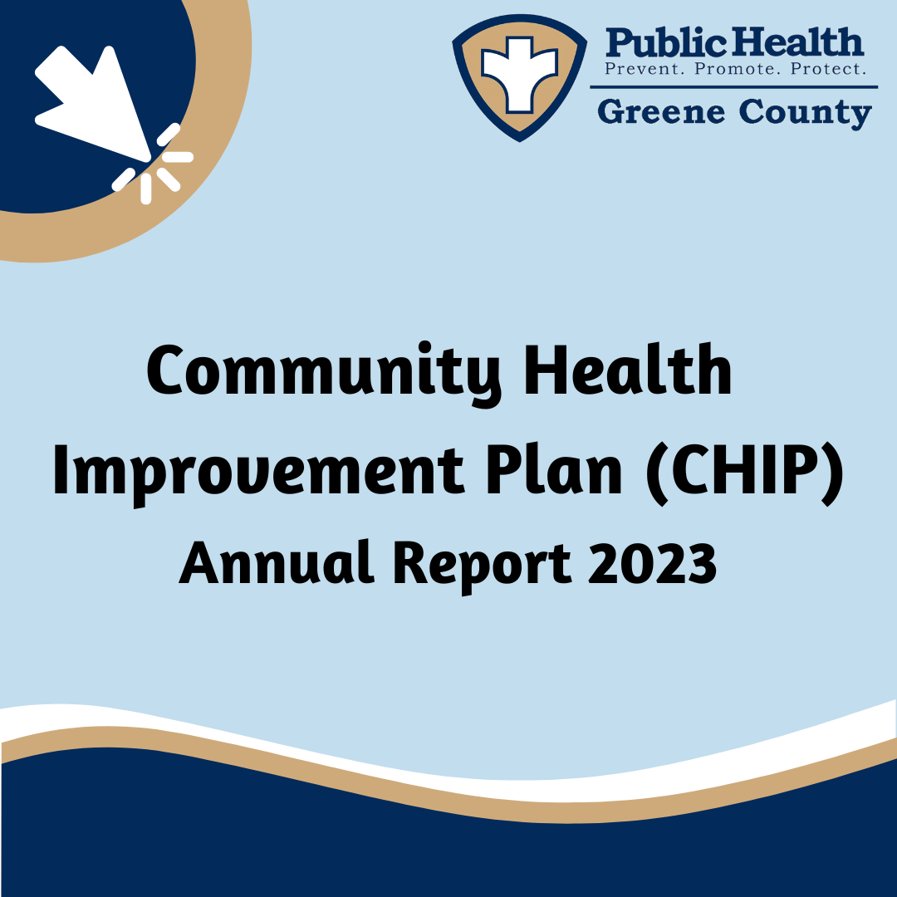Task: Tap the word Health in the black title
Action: pyautogui.click(x=628, y=370)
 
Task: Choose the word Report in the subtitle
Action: pyautogui.click(x=481, y=566)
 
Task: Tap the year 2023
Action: pyautogui.click(x=652, y=563)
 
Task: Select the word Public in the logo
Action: pyautogui.click(x=666, y=43)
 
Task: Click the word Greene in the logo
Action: pyautogui.click(x=661, y=111)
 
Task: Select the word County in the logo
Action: pyautogui.click(x=806, y=113)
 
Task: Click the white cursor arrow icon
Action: pyautogui.click(x=94, y=103)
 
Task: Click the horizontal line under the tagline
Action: pyautogui.click(x=734, y=87)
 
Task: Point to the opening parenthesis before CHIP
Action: pyautogui.click(x=657, y=473)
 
